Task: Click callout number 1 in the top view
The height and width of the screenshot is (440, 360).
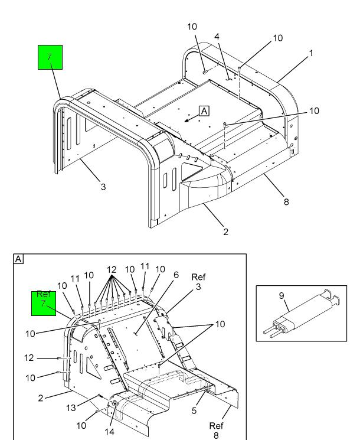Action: pos(310,53)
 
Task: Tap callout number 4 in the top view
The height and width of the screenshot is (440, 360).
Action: pos(217,37)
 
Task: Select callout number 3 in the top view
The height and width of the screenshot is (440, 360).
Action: pos(103,187)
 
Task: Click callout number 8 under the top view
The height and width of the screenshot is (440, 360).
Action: pos(286,202)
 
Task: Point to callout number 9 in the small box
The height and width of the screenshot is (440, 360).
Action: pos(282,295)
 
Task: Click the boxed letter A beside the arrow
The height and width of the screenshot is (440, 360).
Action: pos(204,111)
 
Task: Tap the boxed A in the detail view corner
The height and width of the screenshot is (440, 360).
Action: pos(18,259)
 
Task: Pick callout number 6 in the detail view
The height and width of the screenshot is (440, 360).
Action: pos(176,275)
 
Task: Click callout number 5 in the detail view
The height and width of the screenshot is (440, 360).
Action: pos(194,410)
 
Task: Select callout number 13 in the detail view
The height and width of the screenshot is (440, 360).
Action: pos(71,408)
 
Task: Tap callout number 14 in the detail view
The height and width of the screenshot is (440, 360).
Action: pos(109,432)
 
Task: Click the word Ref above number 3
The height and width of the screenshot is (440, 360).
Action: pos(198,277)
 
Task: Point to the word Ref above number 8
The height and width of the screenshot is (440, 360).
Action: pos(216,426)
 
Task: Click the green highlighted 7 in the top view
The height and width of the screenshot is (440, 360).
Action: pos(50,57)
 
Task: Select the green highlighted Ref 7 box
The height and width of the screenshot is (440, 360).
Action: pos(44,304)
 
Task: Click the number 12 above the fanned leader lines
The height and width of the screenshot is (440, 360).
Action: pos(112,270)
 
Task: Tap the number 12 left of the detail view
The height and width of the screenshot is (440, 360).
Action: pos(29,358)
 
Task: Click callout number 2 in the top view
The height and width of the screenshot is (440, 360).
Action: pos(225,232)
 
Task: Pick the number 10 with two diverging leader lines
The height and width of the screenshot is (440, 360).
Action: pos(220,324)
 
